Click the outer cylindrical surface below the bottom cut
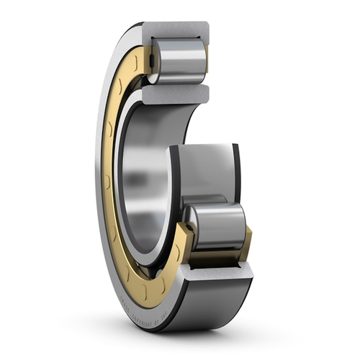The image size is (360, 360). tap(216, 302)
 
